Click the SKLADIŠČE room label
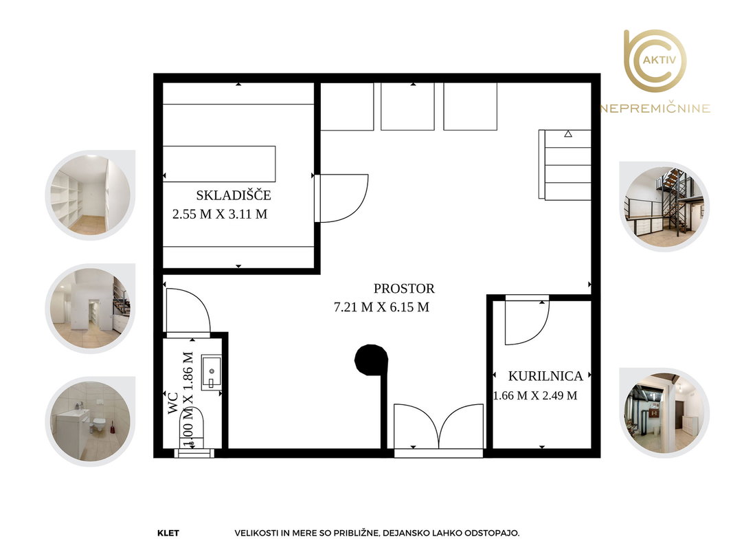(234, 195)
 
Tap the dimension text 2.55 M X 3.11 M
(220, 214)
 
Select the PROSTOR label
(404, 289)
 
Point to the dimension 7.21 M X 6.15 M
(381, 307)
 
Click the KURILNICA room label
(545, 376)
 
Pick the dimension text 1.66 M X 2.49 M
(535, 396)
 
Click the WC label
(173, 403)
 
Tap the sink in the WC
(212, 372)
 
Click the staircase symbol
(565, 164)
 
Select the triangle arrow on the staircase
(568, 134)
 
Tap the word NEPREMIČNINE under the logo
(655, 109)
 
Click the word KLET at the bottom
(168, 533)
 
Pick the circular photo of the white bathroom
(90, 421)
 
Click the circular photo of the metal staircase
(664, 207)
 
